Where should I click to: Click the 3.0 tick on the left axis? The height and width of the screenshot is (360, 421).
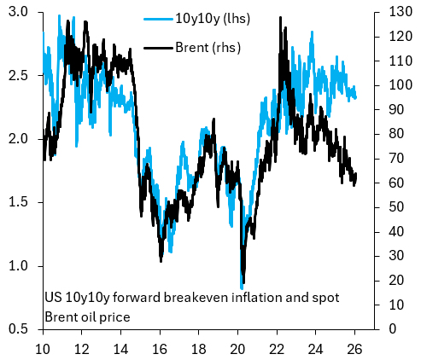[x=20, y=12]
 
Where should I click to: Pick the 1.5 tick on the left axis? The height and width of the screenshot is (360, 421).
[x=20, y=202]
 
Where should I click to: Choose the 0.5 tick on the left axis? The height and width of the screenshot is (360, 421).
[x=20, y=328]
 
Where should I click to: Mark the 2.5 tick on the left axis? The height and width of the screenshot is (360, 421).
[x=20, y=76]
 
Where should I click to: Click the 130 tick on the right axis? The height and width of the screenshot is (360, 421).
[x=395, y=12]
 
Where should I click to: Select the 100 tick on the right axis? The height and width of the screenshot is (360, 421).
[x=395, y=85]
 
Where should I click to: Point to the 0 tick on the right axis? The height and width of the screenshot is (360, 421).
[x=389, y=328]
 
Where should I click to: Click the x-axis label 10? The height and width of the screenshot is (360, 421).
[x=43, y=348]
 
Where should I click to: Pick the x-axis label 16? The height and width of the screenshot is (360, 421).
[x=160, y=348]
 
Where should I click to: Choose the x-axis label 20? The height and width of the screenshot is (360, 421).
[x=237, y=348]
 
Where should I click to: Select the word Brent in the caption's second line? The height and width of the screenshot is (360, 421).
[x=62, y=316]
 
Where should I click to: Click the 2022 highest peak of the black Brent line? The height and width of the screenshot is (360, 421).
[x=280, y=17]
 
